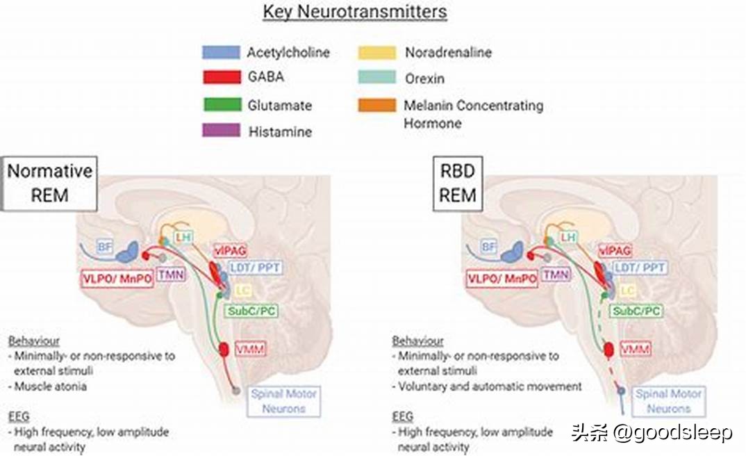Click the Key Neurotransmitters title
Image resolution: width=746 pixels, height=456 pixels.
click(x=354, y=12)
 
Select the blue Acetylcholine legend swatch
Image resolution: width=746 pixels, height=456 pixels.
click(x=221, y=52)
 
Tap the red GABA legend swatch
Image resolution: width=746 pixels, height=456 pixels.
click(x=221, y=76)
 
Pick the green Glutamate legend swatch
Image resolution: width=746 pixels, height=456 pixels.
click(x=221, y=106)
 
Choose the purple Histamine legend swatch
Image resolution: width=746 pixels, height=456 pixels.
click(x=221, y=131)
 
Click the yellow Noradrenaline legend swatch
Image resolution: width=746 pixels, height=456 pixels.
click(x=376, y=52)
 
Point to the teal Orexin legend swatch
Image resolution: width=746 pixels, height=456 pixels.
click(x=376, y=78)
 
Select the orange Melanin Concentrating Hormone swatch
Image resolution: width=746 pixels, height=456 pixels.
click(x=376, y=106)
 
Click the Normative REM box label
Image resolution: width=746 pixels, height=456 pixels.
click(x=49, y=182)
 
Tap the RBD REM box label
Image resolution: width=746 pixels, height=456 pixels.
click(x=458, y=182)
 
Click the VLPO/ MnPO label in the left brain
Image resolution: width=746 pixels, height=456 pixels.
click(x=117, y=280)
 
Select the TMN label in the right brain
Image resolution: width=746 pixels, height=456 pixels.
click(x=556, y=275)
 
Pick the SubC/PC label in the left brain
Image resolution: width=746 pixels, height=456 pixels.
click(x=252, y=311)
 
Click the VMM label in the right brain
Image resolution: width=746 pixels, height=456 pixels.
click(x=636, y=348)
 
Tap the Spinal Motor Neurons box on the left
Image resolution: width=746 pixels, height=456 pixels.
click(x=283, y=401)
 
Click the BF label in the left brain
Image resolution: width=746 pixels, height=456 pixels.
click(x=103, y=246)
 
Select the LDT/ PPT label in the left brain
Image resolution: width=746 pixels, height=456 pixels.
click(x=254, y=268)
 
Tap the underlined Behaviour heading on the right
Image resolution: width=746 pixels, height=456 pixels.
click(x=417, y=341)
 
